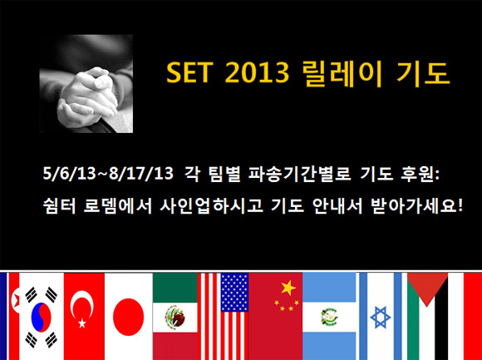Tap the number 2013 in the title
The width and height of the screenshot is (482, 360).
258,73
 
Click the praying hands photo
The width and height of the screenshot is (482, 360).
86,84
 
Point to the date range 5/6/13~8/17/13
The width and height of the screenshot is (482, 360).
108,175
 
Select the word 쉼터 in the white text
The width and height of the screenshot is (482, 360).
59,206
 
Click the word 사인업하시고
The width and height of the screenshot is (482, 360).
211,206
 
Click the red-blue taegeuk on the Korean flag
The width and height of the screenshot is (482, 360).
41,317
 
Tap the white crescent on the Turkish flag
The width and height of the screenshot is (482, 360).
81,305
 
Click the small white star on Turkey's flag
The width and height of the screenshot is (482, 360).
82,323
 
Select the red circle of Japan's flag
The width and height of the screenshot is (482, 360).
129,317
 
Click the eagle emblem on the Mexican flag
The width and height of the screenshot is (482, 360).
175,317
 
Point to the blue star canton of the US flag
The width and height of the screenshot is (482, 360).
234,292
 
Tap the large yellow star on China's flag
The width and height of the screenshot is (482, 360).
288,288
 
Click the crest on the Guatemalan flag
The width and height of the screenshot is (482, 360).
329,317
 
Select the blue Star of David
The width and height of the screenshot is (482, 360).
381,317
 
